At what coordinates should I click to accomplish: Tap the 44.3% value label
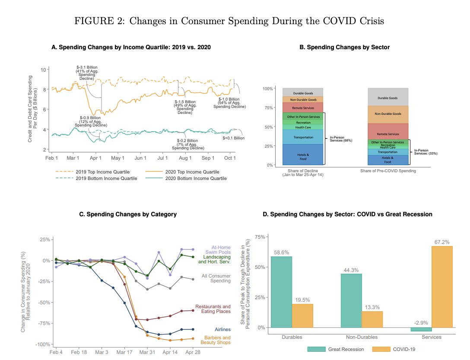click(352, 270)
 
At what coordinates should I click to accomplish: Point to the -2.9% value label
click(421, 323)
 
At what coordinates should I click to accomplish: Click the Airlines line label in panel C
click(222, 329)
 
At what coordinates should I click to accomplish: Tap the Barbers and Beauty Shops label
click(217, 340)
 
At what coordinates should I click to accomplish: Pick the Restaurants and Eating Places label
click(213, 309)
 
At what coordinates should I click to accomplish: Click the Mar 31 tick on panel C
click(147, 353)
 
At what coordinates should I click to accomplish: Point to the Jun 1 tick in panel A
click(140, 158)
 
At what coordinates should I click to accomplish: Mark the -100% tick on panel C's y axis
click(43, 344)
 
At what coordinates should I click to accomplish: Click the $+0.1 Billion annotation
click(233, 138)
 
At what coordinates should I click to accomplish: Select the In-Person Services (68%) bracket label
click(341, 139)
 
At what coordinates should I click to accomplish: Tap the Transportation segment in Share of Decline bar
click(303, 137)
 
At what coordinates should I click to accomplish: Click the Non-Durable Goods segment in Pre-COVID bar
click(387, 114)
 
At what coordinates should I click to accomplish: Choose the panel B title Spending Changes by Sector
click(344, 47)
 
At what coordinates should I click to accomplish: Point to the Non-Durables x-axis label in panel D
click(362, 337)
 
